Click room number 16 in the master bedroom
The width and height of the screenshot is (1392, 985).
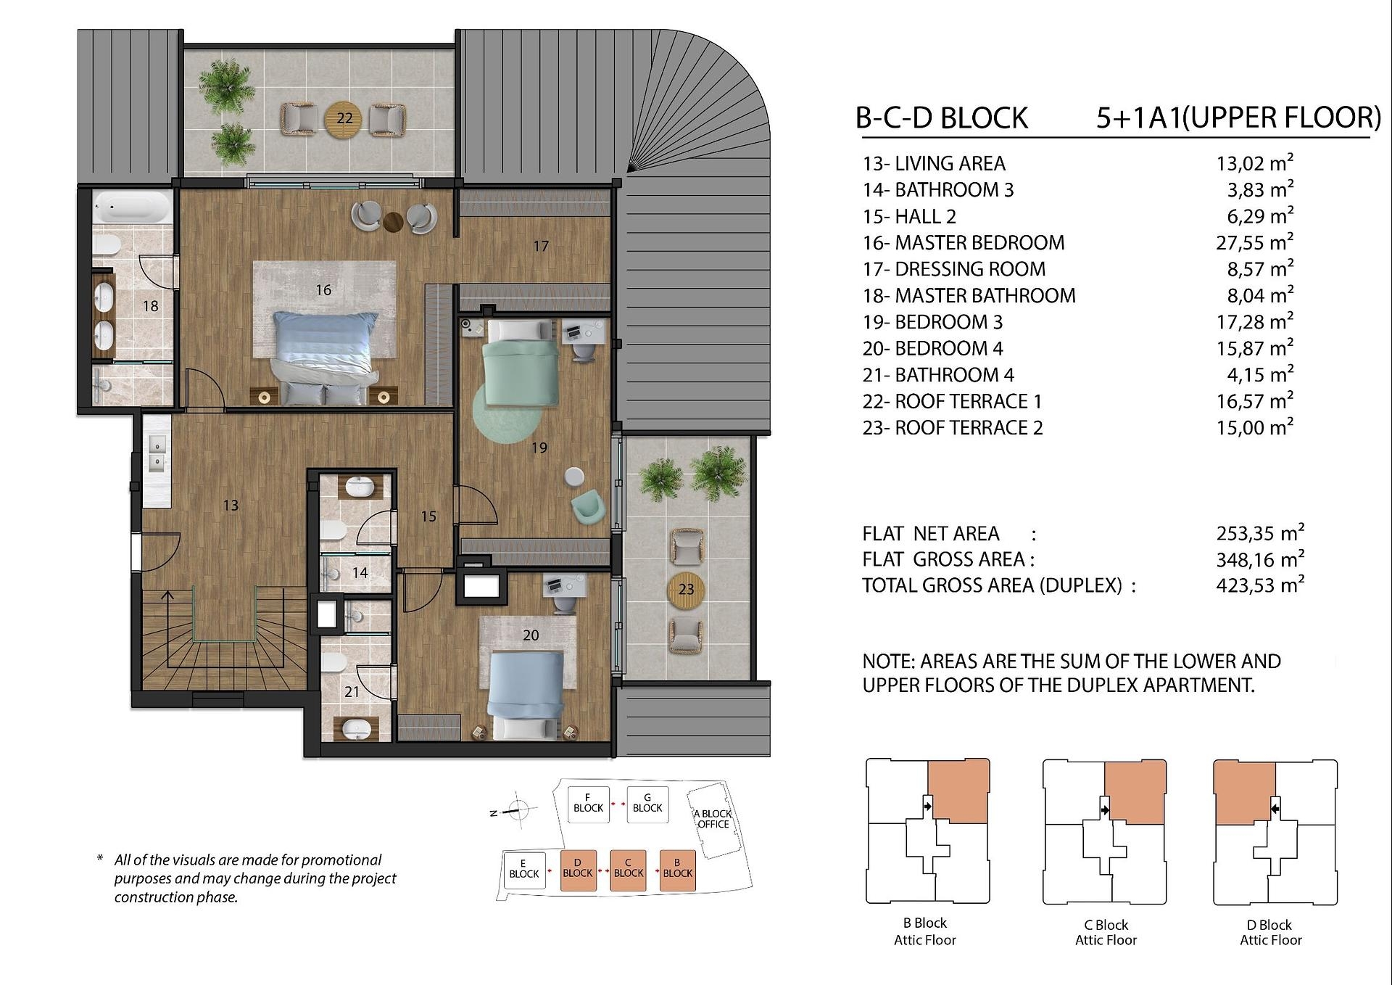pos(323,290)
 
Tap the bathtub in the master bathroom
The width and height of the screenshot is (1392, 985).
pos(133,207)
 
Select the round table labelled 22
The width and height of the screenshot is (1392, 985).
pos(344,118)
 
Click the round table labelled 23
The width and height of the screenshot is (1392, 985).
pos(686,590)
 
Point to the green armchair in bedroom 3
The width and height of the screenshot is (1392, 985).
pos(587,506)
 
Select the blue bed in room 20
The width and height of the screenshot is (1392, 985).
pos(526,695)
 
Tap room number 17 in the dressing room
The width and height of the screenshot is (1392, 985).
pos(541,247)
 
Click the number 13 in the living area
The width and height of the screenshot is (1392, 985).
pos(231,506)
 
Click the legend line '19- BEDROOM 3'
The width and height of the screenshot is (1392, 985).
pos(932,322)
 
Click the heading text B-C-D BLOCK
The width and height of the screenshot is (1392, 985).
pos(942,118)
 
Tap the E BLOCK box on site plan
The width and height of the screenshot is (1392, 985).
pos(524,870)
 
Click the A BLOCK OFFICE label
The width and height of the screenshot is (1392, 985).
pos(713,819)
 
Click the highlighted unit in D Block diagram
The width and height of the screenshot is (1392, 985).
pos(1245,793)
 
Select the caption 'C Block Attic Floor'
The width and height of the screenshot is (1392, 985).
pos(1106,933)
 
